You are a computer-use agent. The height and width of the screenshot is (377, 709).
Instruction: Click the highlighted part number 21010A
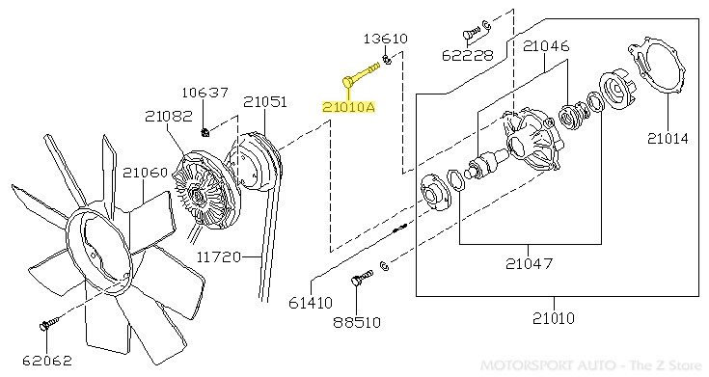coord(348,107)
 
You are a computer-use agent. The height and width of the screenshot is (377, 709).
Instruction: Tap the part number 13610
coord(385,39)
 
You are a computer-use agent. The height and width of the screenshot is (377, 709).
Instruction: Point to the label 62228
coord(467,56)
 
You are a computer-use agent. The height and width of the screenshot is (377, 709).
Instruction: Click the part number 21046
coord(545,46)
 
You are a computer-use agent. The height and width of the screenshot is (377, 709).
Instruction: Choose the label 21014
coord(668,138)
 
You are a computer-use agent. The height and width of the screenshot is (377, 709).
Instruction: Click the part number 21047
coord(529,263)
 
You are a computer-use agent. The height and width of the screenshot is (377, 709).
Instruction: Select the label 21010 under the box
coord(554,318)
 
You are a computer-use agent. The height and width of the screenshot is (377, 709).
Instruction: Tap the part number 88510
coord(357,322)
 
